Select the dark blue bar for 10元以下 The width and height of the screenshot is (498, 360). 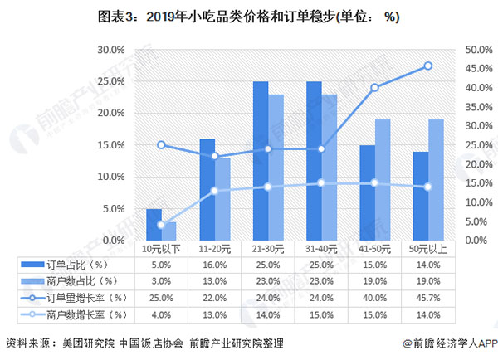click(x=154, y=224)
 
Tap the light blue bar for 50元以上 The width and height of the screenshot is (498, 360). click(x=435, y=180)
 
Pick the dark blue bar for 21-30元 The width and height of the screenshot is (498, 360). click(x=261, y=161)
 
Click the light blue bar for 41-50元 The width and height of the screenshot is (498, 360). click(x=383, y=180)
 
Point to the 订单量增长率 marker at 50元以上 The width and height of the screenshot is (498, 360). click(x=427, y=66)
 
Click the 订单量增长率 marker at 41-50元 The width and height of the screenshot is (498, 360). click(x=375, y=87)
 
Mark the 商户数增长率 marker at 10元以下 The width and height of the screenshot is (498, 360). click(x=161, y=225)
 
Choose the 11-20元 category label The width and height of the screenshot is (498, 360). click(x=215, y=248)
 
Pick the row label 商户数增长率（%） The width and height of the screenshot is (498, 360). click(x=90, y=314)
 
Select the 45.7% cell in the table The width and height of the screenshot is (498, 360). click(x=427, y=298)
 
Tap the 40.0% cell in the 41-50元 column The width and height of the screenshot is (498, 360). click(x=375, y=298)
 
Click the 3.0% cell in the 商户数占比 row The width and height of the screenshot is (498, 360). click(x=162, y=281)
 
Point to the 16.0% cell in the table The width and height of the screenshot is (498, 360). click(x=215, y=265)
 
